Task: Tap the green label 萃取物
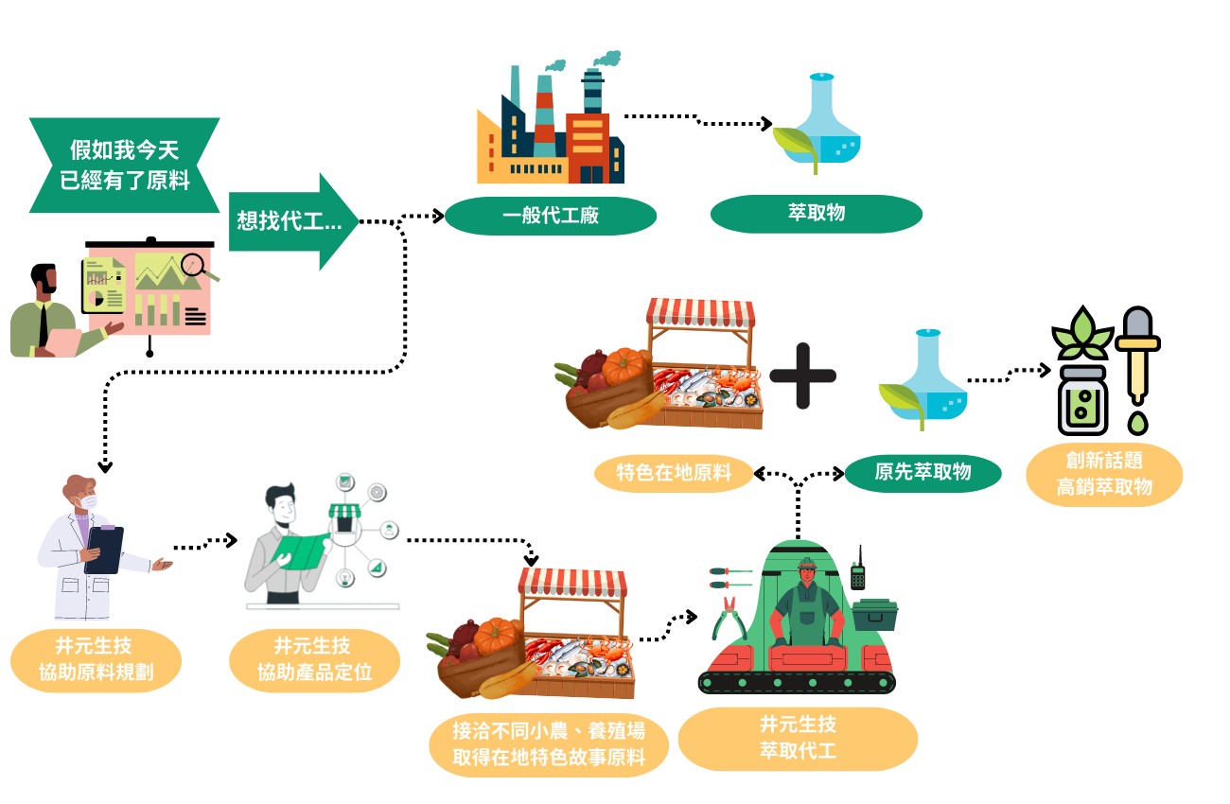(x=816, y=214)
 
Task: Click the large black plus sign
(x=802, y=376)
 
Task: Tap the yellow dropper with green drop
(x=1136, y=369)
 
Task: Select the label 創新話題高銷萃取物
(x=1104, y=475)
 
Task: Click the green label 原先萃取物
(x=922, y=471)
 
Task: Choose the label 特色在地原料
(x=674, y=473)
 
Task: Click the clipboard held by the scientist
(x=104, y=550)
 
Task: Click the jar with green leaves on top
(x=1081, y=374)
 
